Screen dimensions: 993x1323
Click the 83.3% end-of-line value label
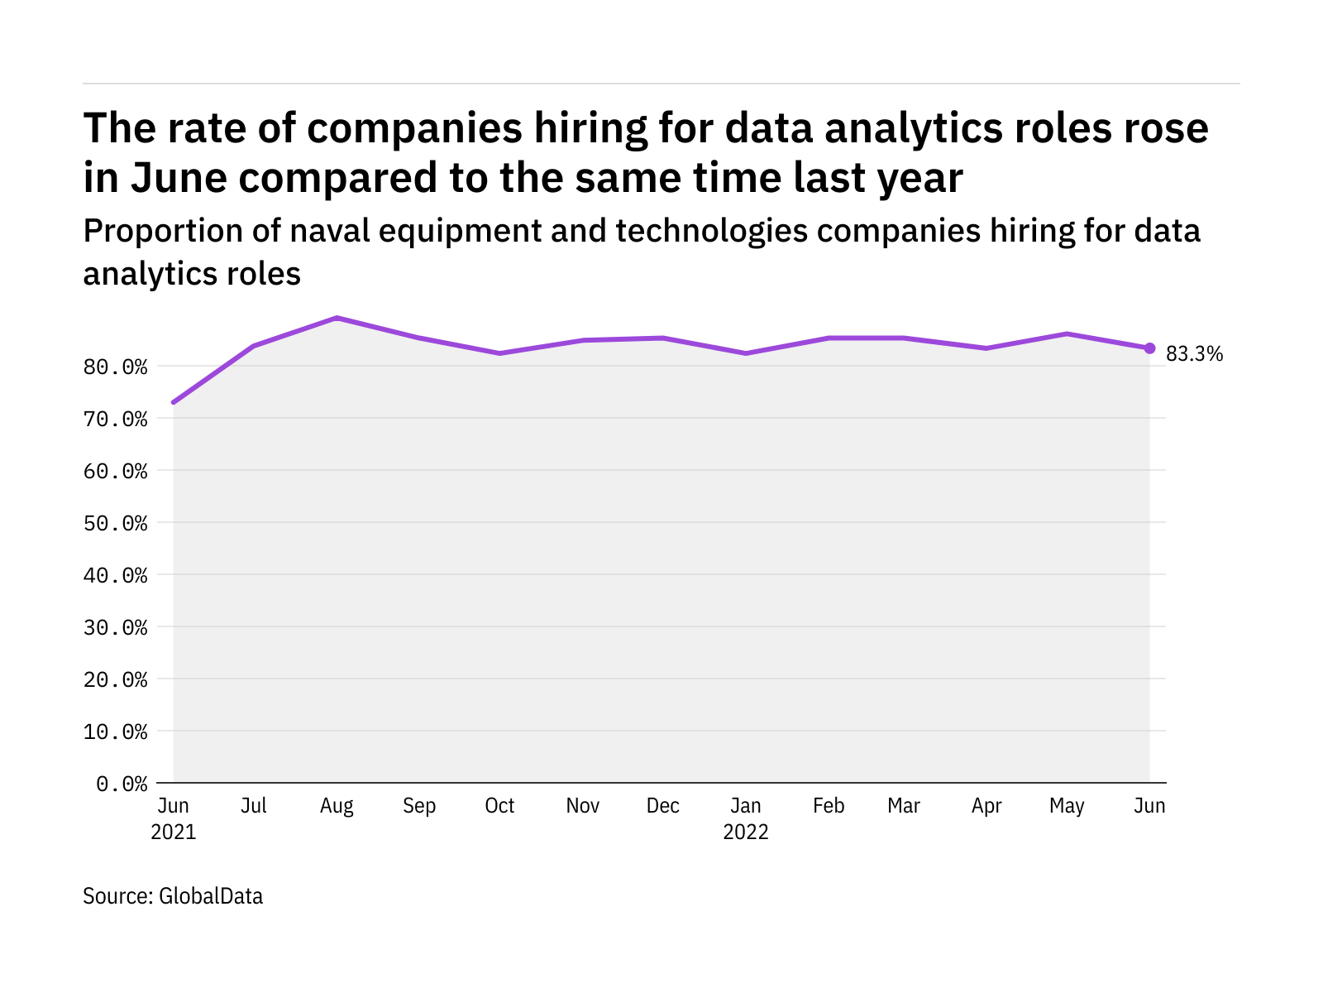coord(1193,354)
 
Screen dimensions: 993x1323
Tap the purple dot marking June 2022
coord(1149,348)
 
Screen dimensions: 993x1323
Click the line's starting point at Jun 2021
coord(174,402)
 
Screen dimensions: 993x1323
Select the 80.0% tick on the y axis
coord(116,367)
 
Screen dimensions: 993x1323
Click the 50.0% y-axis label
coord(116,523)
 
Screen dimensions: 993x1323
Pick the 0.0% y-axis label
coord(122,784)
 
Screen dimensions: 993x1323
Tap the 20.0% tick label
coord(116,679)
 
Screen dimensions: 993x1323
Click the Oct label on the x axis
coord(499,806)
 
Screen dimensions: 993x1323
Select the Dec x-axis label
coord(663,806)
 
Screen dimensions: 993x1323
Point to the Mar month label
coord(903,806)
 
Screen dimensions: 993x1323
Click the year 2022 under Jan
coord(746,832)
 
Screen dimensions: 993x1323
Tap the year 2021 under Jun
coord(174,832)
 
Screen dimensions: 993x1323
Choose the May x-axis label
coord(1067,806)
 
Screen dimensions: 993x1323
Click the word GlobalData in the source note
coord(211,896)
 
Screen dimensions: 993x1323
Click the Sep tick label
coord(419,806)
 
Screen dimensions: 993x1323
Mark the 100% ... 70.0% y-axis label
coord(116,419)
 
